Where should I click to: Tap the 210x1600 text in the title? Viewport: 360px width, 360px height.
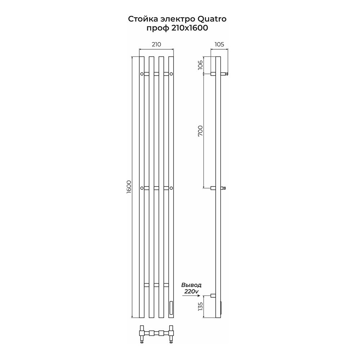click(x=189, y=28)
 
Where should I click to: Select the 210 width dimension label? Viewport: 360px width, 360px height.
click(x=156, y=44)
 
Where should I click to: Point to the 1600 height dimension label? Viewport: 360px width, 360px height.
click(x=129, y=187)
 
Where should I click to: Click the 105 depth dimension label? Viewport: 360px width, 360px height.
click(x=219, y=44)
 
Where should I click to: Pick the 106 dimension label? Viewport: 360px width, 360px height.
click(x=201, y=65)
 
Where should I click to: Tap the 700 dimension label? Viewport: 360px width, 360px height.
click(x=201, y=131)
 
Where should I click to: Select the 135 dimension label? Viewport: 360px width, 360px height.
click(x=201, y=306)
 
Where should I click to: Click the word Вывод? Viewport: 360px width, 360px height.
click(x=192, y=285)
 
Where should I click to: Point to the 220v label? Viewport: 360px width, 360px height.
click(x=191, y=291)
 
